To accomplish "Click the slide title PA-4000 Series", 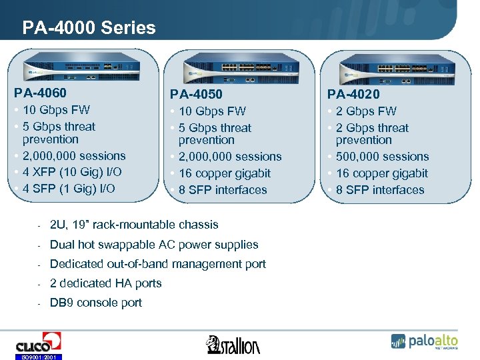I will point(89,27).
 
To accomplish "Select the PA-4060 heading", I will point(41,93).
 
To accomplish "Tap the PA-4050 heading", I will point(196,94).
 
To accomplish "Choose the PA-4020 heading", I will point(353,94).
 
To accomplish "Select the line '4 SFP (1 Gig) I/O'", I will point(69,189).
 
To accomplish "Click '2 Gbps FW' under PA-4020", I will point(366,111).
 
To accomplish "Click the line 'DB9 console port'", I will point(96,303).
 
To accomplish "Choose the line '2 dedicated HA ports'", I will point(106,283).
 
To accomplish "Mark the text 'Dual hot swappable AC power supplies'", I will point(154,245).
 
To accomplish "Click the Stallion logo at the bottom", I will point(234,344).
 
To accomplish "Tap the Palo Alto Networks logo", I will point(425,341).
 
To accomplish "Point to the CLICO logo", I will point(38,344).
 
